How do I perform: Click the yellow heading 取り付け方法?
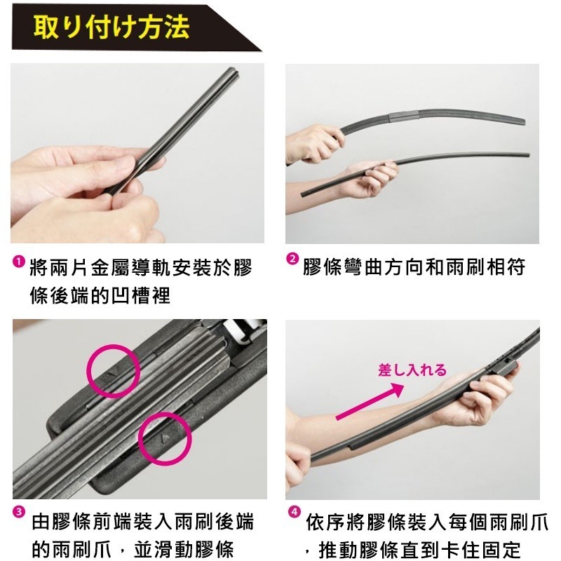[111, 27]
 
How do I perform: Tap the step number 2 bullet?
[292, 259]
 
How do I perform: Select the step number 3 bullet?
[19, 512]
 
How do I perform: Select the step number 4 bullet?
[294, 512]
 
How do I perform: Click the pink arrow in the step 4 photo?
[370, 401]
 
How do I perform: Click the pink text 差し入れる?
[412, 370]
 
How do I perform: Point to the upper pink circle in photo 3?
[113, 371]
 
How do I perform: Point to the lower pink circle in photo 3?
[165, 439]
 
